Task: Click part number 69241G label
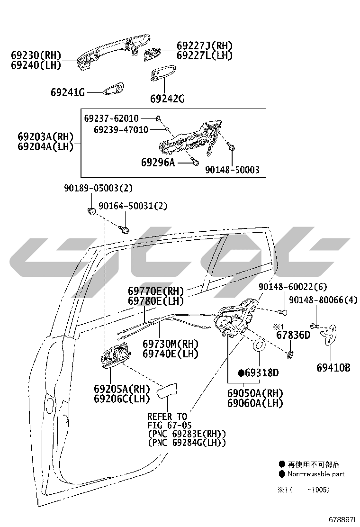(68, 92)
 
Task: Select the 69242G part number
(167, 99)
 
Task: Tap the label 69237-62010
(111, 118)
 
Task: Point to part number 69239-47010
(121, 130)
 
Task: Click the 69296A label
(158, 163)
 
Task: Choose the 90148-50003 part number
(233, 170)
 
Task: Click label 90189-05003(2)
(99, 188)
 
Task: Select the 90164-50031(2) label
(133, 206)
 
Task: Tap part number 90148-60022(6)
(293, 287)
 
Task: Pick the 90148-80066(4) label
(324, 300)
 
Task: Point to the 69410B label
(333, 368)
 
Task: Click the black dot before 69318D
(241, 373)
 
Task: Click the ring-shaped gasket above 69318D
(259, 345)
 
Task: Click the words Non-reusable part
(316, 474)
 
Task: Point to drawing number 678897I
(342, 519)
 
